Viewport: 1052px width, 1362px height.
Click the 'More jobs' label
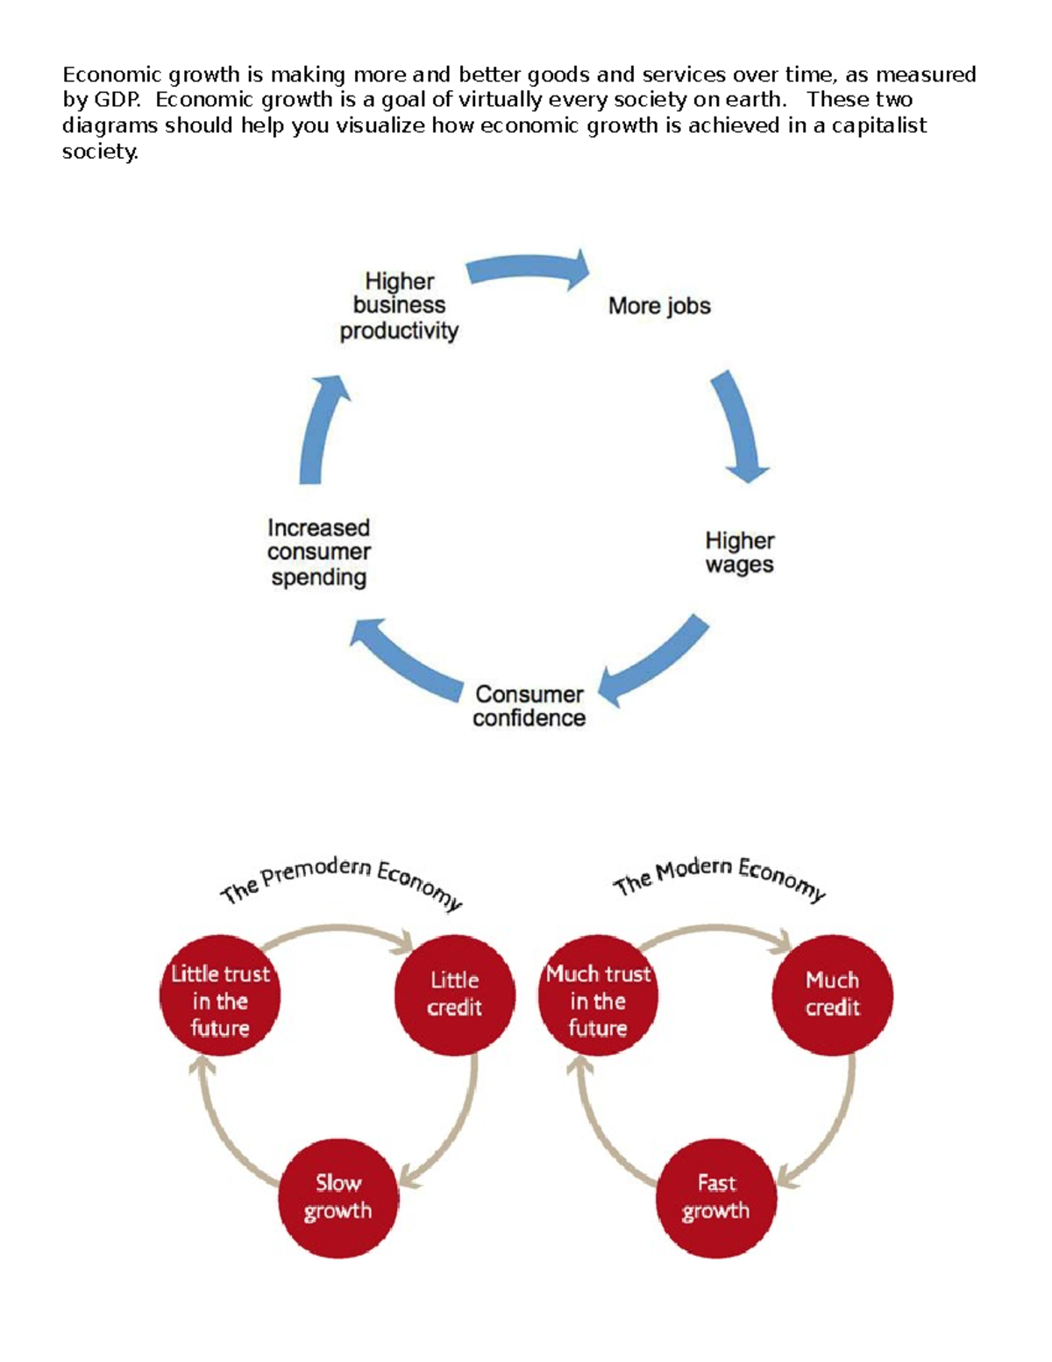coord(659,306)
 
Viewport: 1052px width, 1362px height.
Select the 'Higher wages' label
coord(739,553)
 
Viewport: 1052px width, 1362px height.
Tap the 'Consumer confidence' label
coord(529,706)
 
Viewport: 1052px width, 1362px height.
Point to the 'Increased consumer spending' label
coord(318,553)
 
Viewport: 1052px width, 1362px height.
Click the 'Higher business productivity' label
coord(399,306)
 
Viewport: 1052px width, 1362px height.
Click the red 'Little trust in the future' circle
coord(220,995)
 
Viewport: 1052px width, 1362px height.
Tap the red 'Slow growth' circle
coord(338,1198)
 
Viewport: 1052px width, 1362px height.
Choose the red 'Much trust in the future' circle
coord(598,995)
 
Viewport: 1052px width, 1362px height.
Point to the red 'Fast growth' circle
coord(716,1198)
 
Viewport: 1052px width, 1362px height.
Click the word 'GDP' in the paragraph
coord(115,99)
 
